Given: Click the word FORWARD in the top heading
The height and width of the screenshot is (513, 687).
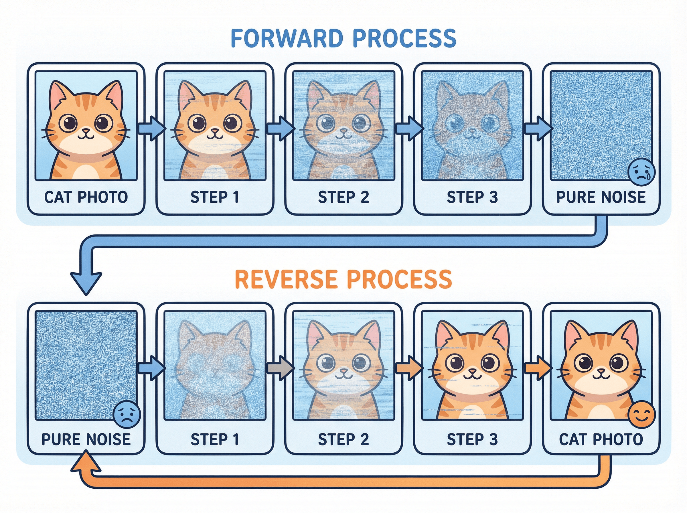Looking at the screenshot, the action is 287,39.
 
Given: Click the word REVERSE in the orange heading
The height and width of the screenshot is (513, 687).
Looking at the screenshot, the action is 286,279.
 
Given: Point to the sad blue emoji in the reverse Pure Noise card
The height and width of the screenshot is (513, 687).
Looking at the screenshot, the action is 127,415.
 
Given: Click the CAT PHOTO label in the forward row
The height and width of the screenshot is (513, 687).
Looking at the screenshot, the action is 86,197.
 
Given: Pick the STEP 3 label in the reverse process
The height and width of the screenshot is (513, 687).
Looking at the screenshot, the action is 472,439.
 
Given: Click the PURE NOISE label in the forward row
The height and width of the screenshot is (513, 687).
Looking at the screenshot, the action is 601,197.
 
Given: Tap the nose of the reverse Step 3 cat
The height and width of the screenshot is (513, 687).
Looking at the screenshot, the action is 472,371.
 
